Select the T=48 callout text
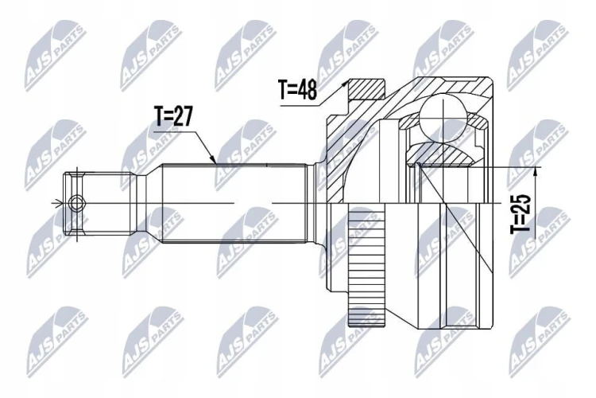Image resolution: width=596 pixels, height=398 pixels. [298, 90]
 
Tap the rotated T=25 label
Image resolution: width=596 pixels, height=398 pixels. [520, 213]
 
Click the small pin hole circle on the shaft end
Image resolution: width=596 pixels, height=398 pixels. [77, 203]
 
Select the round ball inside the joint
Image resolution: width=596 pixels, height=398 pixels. [443, 118]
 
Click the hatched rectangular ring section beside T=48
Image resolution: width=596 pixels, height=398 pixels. [367, 88]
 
